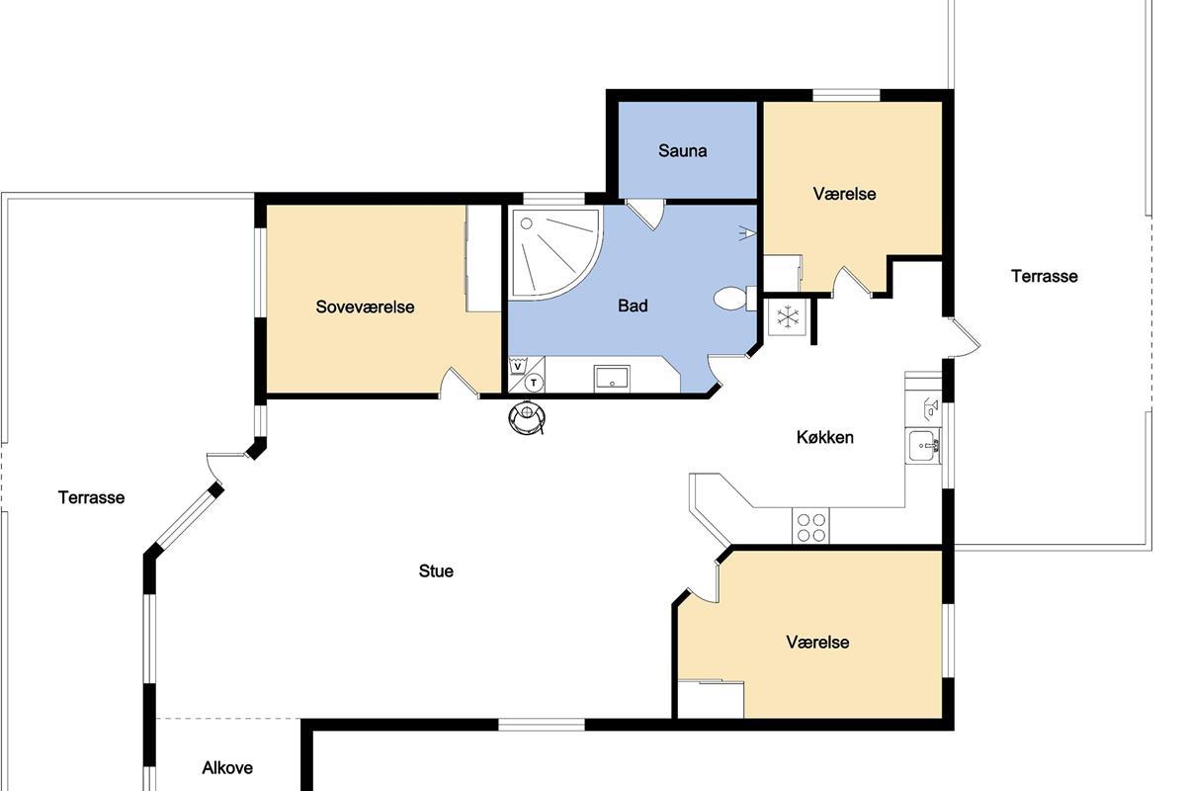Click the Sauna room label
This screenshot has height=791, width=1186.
[x=683, y=151]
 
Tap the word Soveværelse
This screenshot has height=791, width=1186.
[x=365, y=307]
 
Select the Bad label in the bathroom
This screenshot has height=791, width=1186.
[x=633, y=306]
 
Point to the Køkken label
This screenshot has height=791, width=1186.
[x=825, y=437]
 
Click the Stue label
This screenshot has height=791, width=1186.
[x=436, y=571]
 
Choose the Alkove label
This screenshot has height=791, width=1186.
[x=227, y=767]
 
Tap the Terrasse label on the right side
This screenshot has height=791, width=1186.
[x=1044, y=276]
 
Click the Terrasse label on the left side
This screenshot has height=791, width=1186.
[x=91, y=497]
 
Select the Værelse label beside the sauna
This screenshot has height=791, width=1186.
[x=844, y=194]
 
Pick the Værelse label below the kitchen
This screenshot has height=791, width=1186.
[x=817, y=642]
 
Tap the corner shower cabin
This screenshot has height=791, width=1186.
[x=554, y=254]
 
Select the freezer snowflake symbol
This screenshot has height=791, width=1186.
[x=788, y=316]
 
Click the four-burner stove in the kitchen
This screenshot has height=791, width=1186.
[x=811, y=527]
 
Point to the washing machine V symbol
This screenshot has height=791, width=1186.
[x=518, y=366]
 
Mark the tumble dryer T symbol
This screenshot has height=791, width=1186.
[x=534, y=383]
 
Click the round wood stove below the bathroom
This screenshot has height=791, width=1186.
[x=527, y=417]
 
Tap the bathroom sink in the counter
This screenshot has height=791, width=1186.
[x=612, y=379]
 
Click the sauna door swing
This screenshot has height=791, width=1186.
[x=644, y=215]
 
